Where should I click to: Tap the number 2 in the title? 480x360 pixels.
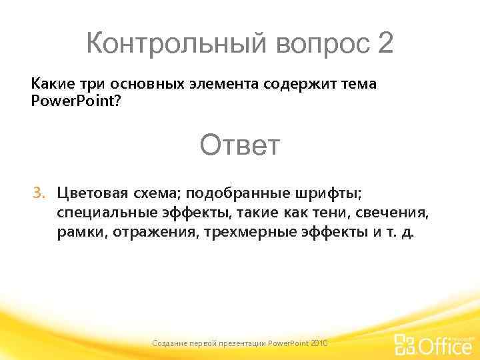385,44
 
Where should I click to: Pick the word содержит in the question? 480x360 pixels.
296,84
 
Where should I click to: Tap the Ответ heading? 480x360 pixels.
240,145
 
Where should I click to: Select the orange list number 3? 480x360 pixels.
39,193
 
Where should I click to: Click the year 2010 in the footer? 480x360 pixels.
319,343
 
